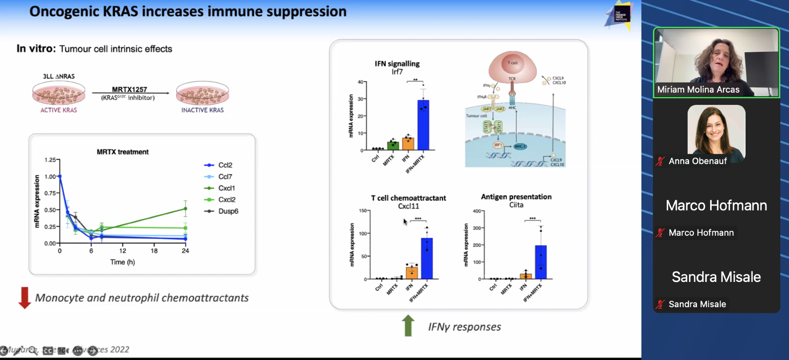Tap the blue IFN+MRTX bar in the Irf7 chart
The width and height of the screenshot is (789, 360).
click(x=423, y=125)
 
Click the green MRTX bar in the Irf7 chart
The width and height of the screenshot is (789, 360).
click(x=393, y=145)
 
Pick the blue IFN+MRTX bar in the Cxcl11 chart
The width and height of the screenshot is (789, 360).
click(x=427, y=258)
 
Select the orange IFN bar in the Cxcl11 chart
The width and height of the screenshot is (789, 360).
click(x=411, y=272)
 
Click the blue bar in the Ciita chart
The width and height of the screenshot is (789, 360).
click(x=541, y=262)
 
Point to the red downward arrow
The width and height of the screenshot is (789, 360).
click(x=24, y=298)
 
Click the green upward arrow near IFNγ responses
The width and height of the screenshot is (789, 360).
click(x=408, y=325)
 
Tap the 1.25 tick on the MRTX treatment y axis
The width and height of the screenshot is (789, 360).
click(x=50, y=160)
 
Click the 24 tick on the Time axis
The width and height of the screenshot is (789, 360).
click(x=185, y=251)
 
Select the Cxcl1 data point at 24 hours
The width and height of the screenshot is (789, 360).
click(x=185, y=209)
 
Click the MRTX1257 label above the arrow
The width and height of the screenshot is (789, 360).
click(x=129, y=90)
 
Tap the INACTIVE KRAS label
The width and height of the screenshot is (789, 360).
click(x=202, y=110)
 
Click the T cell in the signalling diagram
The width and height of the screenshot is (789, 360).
click(x=512, y=64)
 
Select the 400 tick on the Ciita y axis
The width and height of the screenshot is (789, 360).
click(x=477, y=211)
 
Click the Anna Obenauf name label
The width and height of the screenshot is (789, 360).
click(x=697, y=161)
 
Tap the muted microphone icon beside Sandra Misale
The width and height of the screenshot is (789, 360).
click(x=660, y=304)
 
